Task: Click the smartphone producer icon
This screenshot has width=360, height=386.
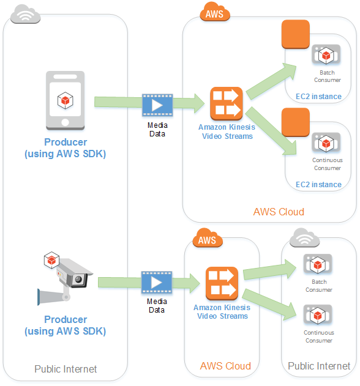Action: pos(65,102)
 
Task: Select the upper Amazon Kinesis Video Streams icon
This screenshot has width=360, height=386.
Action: pos(226,103)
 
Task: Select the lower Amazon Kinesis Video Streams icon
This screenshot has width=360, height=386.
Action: pos(221,283)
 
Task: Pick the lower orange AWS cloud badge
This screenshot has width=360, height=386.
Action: pos(208,239)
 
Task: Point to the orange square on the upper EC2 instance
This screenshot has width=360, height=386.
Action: pos(295,34)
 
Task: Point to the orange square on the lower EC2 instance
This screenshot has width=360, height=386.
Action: pos(295,122)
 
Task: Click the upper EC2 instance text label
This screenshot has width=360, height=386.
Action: pos(318,97)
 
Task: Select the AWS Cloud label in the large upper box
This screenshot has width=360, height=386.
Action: pos(279,212)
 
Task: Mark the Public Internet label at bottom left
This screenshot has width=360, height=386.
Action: pos(66,369)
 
